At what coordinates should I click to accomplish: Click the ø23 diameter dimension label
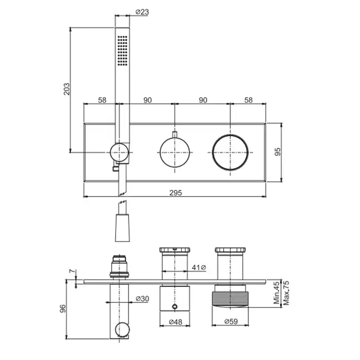(x=142, y=12)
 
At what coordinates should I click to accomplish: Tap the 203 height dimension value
(x=66, y=89)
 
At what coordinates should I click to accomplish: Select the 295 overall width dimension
(x=176, y=193)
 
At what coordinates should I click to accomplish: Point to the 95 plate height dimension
(x=278, y=152)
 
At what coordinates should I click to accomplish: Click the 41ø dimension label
(x=199, y=267)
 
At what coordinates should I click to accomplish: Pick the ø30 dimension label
(x=142, y=298)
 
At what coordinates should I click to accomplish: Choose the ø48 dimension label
(x=175, y=322)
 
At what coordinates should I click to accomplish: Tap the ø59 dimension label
(x=231, y=321)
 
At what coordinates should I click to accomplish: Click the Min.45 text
(x=277, y=293)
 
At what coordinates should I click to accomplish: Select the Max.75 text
(x=286, y=293)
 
